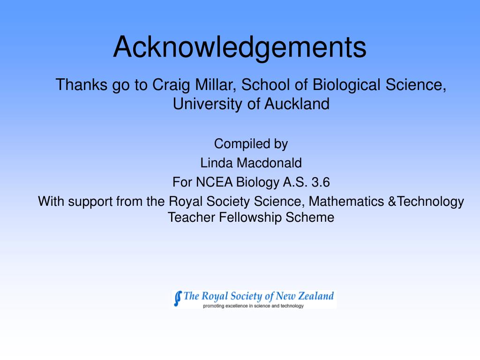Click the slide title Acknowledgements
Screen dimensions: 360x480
(x=240, y=47)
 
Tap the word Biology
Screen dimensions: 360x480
(x=257, y=181)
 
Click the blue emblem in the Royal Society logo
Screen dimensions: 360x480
(x=178, y=298)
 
